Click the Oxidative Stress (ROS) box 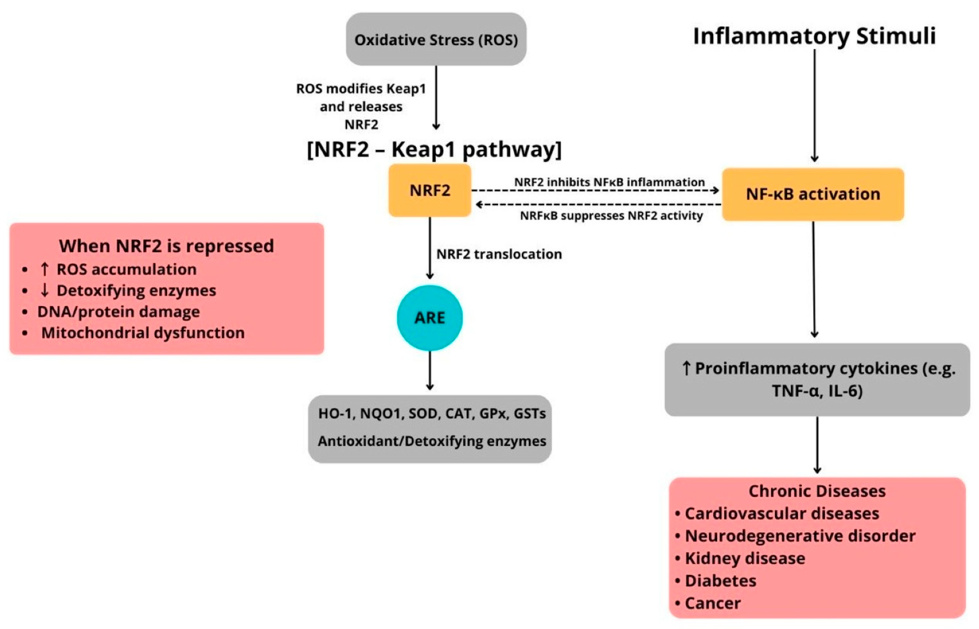point(436,40)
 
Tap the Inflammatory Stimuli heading point(814,36)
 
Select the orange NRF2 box point(430,190)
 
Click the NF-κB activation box point(813,194)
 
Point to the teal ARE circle point(430,318)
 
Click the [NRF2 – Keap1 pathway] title point(434,149)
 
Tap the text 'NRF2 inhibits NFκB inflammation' point(609,182)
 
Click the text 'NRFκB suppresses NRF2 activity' point(611,216)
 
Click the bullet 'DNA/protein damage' point(118,312)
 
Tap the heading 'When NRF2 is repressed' point(166,246)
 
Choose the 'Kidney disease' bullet point(745,558)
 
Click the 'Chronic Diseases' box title point(817,491)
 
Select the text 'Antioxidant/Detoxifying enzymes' point(432,441)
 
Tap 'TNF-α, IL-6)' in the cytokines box point(817,391)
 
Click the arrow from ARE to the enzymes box point(430,370)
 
